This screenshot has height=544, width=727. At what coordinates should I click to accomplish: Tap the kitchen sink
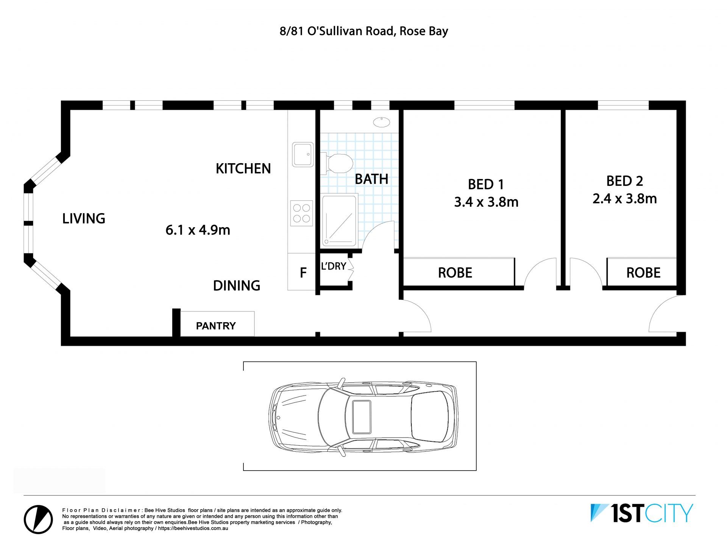303,154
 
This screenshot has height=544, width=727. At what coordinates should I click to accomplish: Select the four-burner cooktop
302,213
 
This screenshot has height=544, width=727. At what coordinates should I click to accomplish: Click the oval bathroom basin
381,122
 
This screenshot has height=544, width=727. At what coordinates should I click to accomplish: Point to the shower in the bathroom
339,220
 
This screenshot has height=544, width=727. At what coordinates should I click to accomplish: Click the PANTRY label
216,326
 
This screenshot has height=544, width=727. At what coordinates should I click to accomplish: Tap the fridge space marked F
303,273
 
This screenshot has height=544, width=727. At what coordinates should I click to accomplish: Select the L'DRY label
334,266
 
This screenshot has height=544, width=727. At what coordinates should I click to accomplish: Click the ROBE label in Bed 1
455,273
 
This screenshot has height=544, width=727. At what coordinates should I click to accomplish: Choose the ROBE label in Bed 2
643,273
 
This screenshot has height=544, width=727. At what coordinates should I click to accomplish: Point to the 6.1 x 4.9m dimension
198,230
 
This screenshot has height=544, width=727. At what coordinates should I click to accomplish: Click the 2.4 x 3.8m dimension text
625,198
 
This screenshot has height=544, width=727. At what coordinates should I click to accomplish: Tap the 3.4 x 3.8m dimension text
486,202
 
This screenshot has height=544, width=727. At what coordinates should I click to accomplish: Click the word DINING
237,285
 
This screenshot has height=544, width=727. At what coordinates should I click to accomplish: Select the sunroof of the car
362,417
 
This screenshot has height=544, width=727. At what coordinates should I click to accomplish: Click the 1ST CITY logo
642,513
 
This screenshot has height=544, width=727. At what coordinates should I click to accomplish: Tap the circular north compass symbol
38,519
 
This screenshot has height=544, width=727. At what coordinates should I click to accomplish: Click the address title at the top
363,31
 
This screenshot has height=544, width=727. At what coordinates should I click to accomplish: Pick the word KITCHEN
243,168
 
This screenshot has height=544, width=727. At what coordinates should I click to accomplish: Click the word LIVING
84,218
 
